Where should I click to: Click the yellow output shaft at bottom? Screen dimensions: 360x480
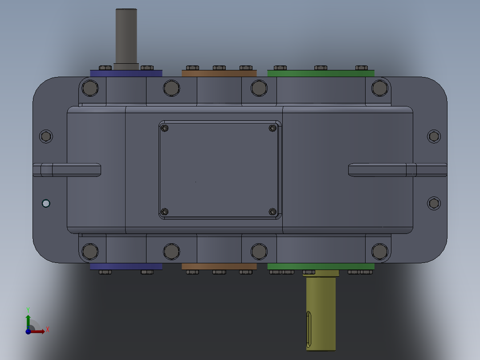pyautogui.click(x=321, y=312)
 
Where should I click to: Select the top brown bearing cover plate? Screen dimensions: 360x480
pyautogui.click(x=219, y=73)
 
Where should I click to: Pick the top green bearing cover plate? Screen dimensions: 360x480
pyautogui.click(x=321, y=73)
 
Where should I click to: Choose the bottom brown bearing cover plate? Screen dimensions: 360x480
pyautogui.click(x=219, y=266)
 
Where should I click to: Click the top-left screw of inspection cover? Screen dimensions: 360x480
pyautogui.click(x=165, y=128)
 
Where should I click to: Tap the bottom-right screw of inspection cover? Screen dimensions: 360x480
pyautogui.click(x=273, y=212)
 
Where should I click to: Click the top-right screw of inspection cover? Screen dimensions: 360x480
pyautogui.click(x=273, y=128)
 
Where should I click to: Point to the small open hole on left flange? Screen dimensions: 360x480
pyautogui.click(x=45, y=204)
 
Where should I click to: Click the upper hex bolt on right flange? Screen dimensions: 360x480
pyautogui.click(x=434, y=136)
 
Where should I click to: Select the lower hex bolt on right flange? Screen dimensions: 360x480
pyautogui.click(x=434, y=204)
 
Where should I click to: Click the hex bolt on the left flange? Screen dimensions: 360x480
pyautogui.click(x=46, y=136)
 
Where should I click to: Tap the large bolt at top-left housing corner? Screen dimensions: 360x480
pyautogui.click(x=90, y=88)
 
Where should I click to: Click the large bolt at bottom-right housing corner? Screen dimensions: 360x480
pyautogui.click(x=380, y=251)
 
